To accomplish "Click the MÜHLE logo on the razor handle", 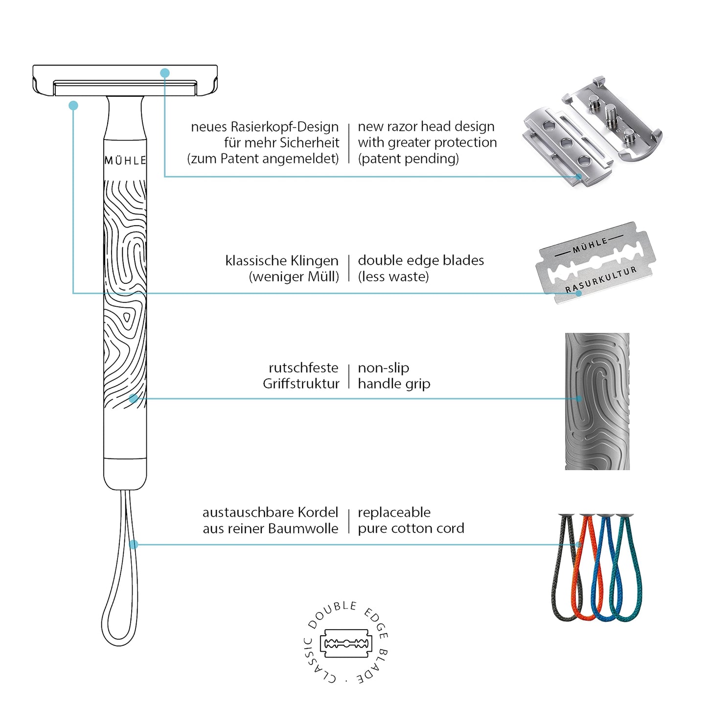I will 125,160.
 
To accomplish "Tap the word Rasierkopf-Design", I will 285,127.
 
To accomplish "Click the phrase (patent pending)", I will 409,159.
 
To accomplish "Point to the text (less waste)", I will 393,277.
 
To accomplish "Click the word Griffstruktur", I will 301,384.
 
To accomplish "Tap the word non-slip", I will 383,368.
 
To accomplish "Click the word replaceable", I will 394,513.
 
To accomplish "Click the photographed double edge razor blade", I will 596,263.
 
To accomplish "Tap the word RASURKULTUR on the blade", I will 601,280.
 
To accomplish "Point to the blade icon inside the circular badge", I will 346,643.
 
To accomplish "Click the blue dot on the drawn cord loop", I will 134,545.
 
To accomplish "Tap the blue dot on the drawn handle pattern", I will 134,399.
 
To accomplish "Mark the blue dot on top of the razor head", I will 165,73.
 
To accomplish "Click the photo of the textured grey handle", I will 597,401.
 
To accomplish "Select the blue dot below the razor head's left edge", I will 73,105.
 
